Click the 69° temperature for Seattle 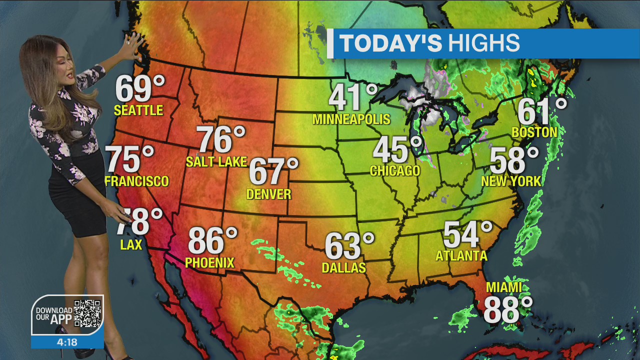(x=139, y=88)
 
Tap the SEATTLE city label (x=138, y=110)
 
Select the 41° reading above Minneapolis (x=353, y=97)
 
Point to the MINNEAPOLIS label (x=351, y=119)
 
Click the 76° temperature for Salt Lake (x=221, y=139)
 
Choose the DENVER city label (x=268, y=194)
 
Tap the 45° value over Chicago (x=397, y=149)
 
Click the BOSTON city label (x=534, y=132)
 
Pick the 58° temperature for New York (x=514, y=160)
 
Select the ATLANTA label (x=461, y=256)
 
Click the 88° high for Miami (x=507, y=310)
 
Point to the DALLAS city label (x=343, y=268)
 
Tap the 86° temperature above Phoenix (x=212, y=240)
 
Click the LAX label (x=131, y=244)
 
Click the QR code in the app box (x=87, y=314)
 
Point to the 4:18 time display (x=67, y=342)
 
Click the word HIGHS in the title (x=483, y=43)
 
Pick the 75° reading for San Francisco (x=130, y=159)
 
